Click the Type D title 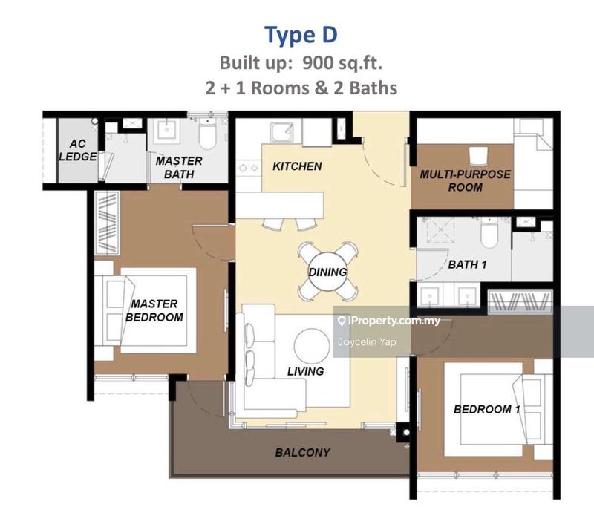pos(301,35)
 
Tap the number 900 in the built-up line pos(318,63)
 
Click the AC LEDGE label pos(78,150)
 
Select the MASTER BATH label pos(179,167)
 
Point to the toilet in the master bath pos(207,134)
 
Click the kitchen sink pos(282,131)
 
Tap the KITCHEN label pos(297,166)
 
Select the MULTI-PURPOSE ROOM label pos(466,180)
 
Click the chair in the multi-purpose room pos(477,156)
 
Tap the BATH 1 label pos(467,264)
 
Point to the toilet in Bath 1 pos(490,232)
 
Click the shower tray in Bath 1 pos(440,230)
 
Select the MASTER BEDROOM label pos(154,310)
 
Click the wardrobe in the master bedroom pos(107,223)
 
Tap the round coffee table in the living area pos(312,346)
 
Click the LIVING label pos(305,371)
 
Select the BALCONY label pos(303,452)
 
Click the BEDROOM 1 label pos(487,409)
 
